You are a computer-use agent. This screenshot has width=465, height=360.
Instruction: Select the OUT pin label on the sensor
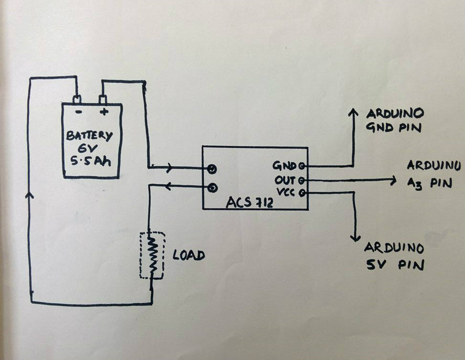click(285, 180)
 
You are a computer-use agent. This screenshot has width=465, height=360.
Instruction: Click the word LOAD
click(188, 255)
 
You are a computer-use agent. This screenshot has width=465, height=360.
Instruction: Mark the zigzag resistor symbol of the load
click(153, 255)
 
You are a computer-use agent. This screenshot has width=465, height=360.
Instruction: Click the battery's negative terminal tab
click(77, 99)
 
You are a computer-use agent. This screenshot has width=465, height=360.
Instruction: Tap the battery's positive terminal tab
click(102, 99)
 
